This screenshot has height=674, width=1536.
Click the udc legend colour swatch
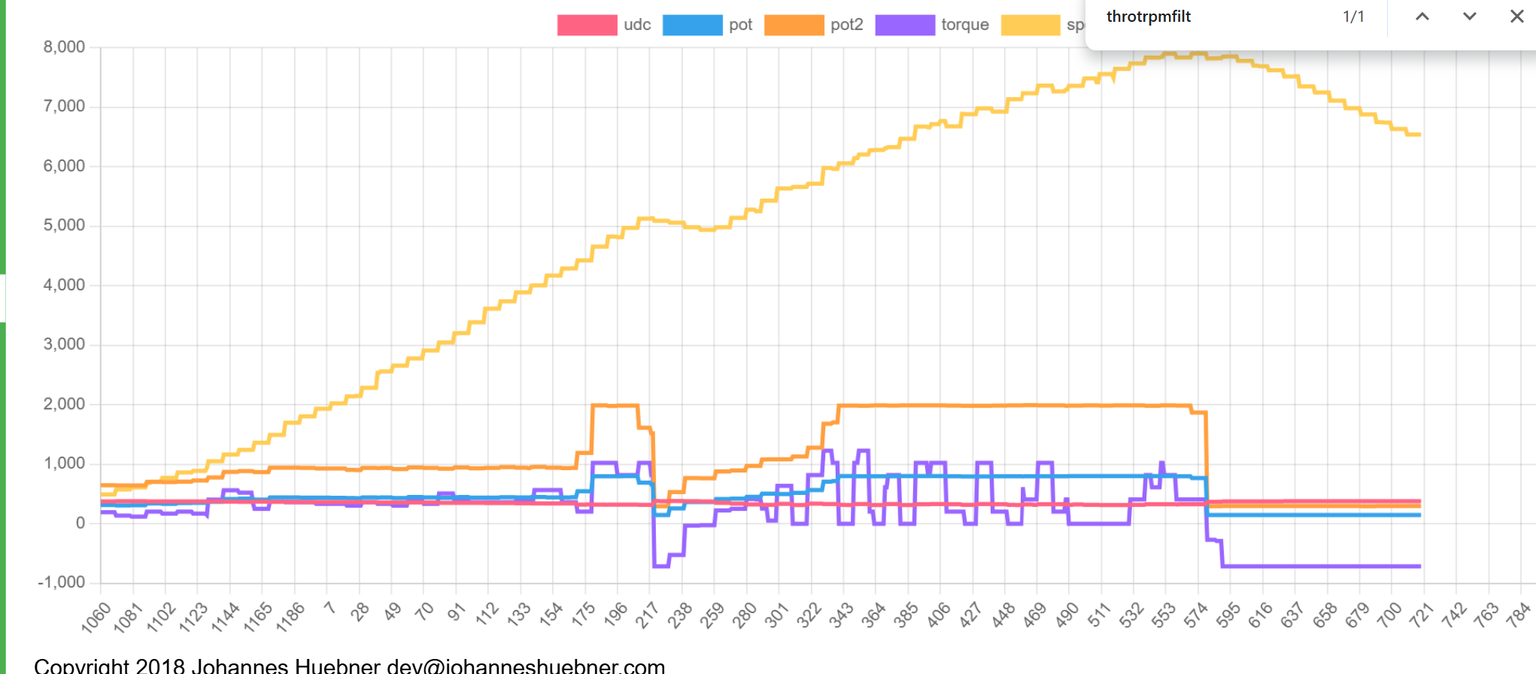coord(587,25)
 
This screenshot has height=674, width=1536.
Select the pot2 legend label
coord(846,25)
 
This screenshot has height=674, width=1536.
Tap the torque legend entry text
coord(964,25)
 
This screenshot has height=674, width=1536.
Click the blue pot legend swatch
coord(692,25)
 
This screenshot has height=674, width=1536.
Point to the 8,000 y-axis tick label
coord(64,47)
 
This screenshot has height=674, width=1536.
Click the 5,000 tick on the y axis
coord(64,226)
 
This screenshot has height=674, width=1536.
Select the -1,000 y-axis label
coord(62,582)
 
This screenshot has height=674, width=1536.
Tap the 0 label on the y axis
coord(80,523)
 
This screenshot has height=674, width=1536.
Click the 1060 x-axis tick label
coord(96,617)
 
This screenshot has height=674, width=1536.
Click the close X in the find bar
coord(1516,17)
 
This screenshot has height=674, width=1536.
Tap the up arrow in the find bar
coord(1422,17)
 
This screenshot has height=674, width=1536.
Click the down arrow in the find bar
coord(1469,17)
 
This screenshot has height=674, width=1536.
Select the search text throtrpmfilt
coord(1149,17)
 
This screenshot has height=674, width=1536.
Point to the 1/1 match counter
coord(1353,17)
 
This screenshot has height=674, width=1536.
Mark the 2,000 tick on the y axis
coord(64,404)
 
